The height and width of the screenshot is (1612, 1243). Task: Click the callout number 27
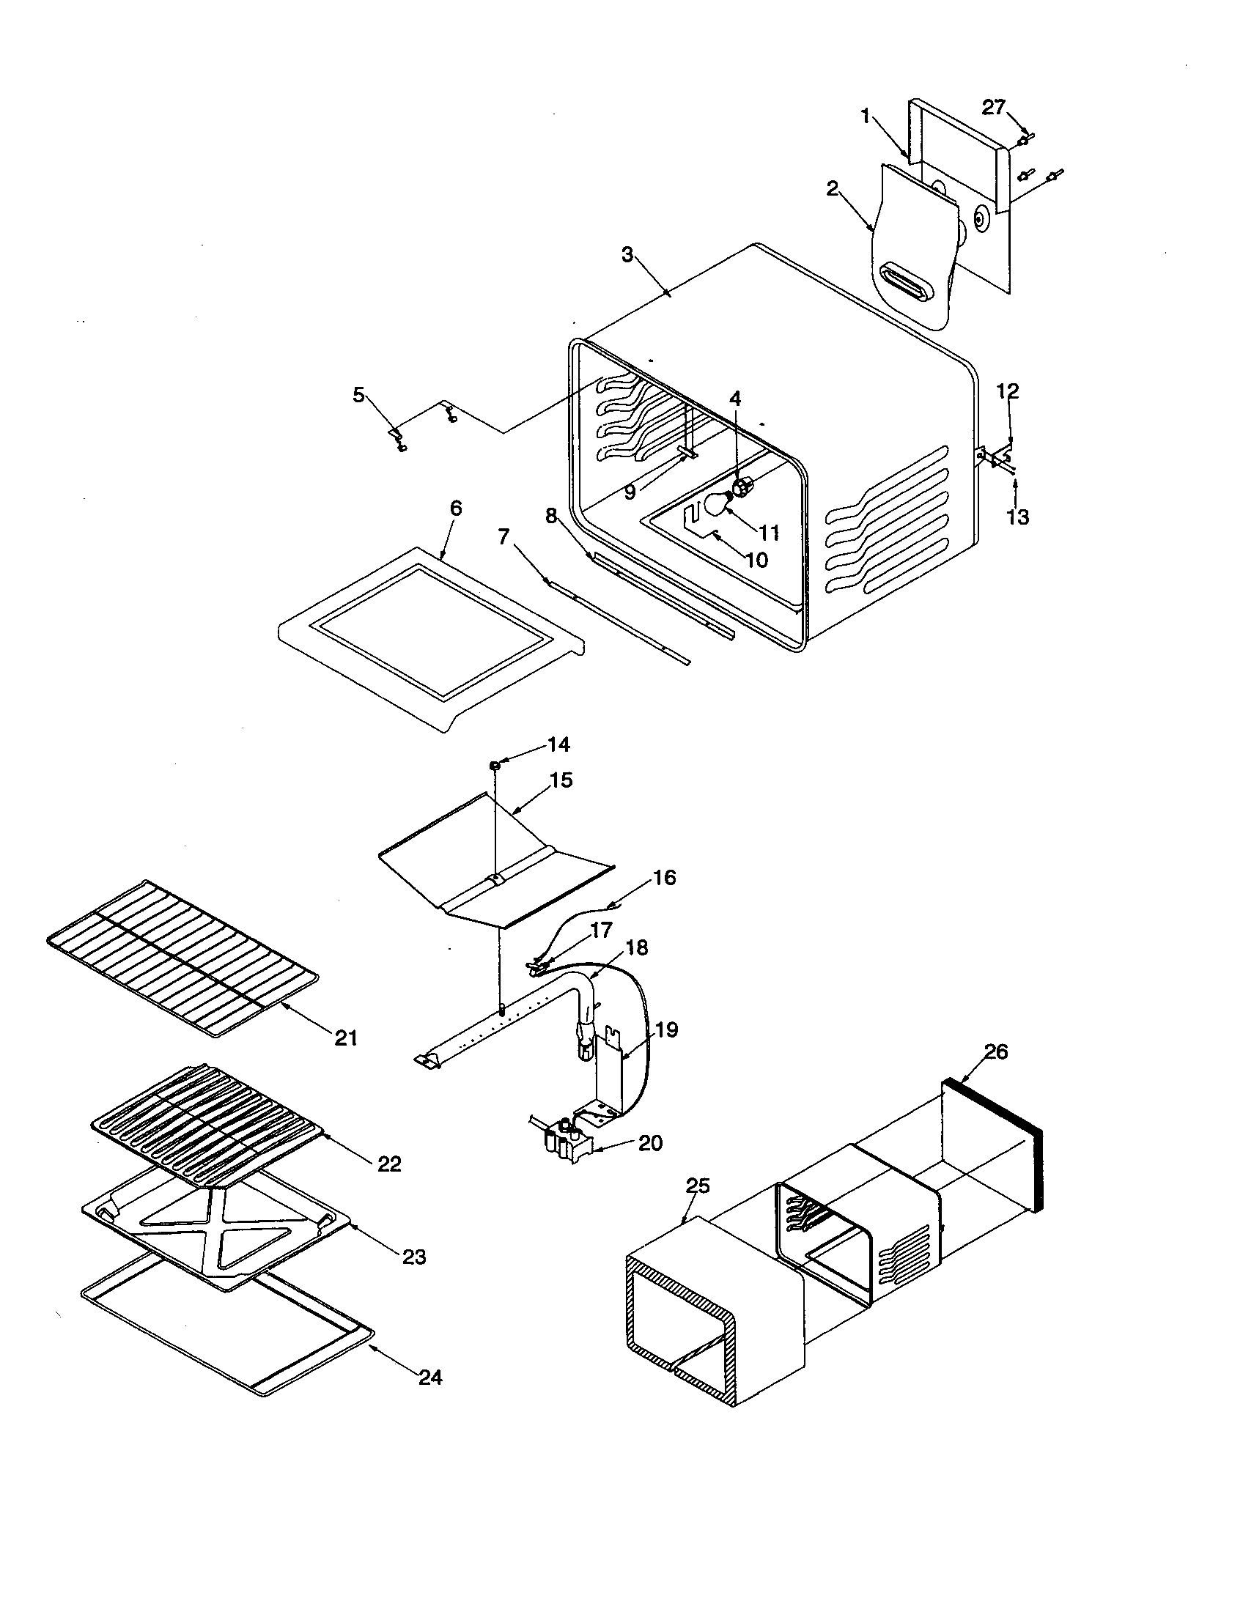coord(993,108)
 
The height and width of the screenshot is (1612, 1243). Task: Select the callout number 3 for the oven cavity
coord(627,255)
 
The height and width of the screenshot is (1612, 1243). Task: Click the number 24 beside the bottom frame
coord(430,1378)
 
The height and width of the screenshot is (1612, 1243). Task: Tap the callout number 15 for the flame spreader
coord(561,780)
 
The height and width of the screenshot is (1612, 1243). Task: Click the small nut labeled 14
coord(495,766)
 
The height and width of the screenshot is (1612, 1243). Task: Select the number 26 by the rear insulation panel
coord(996,1051)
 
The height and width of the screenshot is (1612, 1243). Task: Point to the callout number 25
coord(698,1186)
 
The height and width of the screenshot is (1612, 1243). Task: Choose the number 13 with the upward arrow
coord(1018,518)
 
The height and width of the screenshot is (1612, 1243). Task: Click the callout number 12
coord(1008,391)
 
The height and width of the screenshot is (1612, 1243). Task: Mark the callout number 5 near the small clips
coord(358,395)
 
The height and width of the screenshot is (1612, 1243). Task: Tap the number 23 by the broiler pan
coord(414,1257)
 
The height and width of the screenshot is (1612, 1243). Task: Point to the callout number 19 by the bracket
coord(666,1029)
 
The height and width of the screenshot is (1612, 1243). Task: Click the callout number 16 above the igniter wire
coord(664,878)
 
